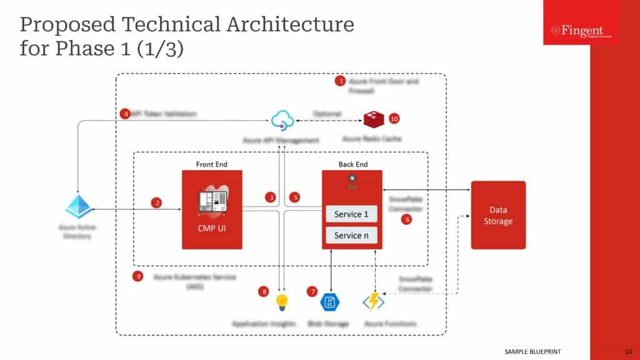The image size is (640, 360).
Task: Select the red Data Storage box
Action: [498, 215]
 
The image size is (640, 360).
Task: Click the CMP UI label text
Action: [212, 228]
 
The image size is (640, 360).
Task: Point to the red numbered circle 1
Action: [341, 81]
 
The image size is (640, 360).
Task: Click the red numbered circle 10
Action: [394, 118]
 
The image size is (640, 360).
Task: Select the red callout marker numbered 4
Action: [126, 114]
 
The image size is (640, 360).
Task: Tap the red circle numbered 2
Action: [157, 202]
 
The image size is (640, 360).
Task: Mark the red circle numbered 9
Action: [139, 276]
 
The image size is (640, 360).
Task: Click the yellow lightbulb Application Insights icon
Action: [282, 302]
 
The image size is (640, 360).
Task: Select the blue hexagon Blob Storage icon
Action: [329, 302]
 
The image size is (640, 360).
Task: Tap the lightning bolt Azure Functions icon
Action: [374, 302]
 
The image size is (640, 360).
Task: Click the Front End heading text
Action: [212, 164]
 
